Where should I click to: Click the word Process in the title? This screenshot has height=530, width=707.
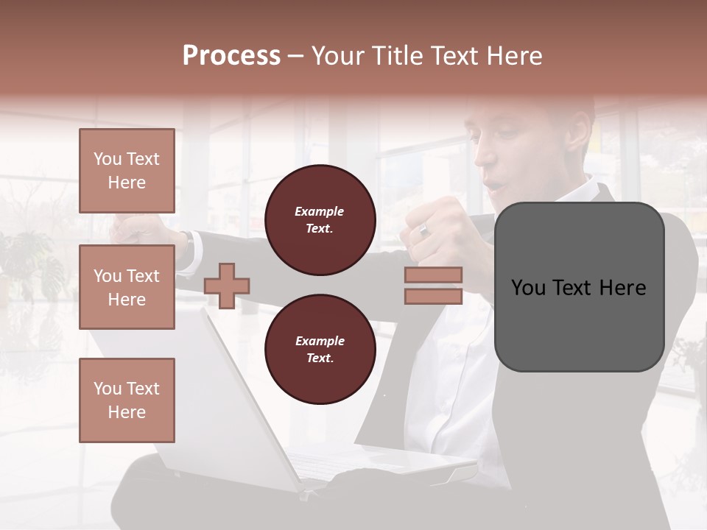click(231, 56)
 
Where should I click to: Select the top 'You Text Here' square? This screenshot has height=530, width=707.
click(127, 171)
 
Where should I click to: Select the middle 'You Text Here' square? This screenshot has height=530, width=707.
click(127, 287)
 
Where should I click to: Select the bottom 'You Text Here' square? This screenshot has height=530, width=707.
click(127, 400)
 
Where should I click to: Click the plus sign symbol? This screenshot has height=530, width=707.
click(227, 285)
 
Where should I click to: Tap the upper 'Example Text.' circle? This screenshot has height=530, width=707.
click(320, 220)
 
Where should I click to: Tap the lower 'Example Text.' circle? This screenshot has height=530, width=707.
click(320, 350)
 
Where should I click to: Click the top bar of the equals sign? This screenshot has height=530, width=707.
click(433, 275)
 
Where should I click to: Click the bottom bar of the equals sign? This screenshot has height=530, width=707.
click(433, 297)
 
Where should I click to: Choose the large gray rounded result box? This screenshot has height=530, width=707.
click(579, 287)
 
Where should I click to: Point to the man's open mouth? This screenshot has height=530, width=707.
click(498, 183)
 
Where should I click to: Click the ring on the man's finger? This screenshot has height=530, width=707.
click(424, 230)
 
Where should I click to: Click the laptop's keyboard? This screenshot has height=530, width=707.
click(346, 464)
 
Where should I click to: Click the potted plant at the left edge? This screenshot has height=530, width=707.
click(29, 265)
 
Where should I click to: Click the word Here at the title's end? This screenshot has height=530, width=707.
click(516, 56)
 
